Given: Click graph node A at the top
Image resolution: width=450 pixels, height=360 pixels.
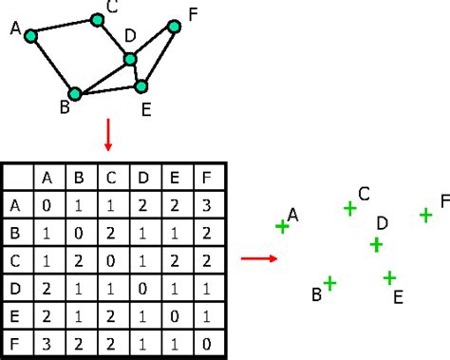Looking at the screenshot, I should (30, 36).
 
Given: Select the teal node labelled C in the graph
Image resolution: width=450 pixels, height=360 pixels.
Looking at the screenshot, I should (97, 19).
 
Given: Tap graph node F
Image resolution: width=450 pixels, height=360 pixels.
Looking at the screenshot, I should (174, 26).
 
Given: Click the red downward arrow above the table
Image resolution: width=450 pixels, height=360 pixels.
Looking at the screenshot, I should (107, 136).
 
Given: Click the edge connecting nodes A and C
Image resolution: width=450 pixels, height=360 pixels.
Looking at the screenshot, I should (64, 28).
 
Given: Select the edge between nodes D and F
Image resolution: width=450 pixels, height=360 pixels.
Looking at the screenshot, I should (152, 43).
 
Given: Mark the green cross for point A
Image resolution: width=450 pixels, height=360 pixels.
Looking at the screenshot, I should (282, 226).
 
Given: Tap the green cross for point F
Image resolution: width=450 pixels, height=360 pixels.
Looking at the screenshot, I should (426, 216).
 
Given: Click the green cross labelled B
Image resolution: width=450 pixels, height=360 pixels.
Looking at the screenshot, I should (329, 282).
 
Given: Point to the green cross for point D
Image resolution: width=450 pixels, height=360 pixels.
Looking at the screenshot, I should (376, 245).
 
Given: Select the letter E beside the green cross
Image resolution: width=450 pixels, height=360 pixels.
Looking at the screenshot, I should (398, 297).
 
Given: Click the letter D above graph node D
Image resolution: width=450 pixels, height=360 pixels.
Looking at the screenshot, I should (130, 36).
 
